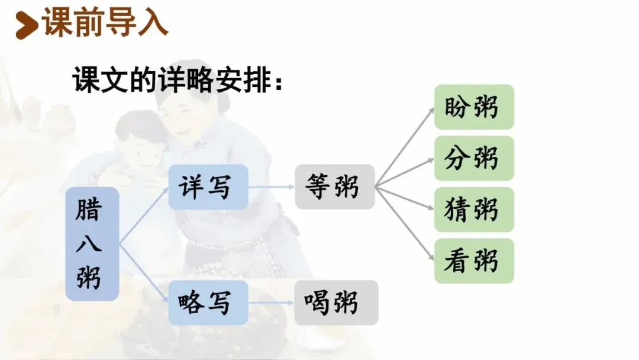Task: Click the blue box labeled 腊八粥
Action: coord(92,244)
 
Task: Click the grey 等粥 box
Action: coord(334,187)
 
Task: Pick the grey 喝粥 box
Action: coord(335,302)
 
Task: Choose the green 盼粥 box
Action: coord(474,107)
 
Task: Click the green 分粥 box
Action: coord(474,158)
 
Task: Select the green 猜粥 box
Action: coord(474,210)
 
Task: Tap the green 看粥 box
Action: coord(474,261)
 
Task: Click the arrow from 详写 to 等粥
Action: coord(271,187)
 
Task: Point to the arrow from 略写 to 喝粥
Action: coord(271,302)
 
